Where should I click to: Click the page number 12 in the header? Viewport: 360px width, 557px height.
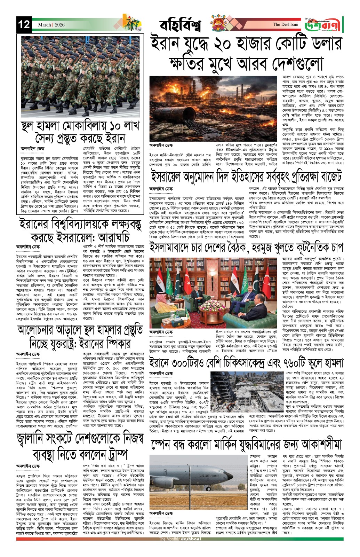click(24, 25)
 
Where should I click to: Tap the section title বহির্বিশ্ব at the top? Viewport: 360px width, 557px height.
click(181, 25)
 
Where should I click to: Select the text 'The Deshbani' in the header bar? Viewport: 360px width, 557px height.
click(285, 24)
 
